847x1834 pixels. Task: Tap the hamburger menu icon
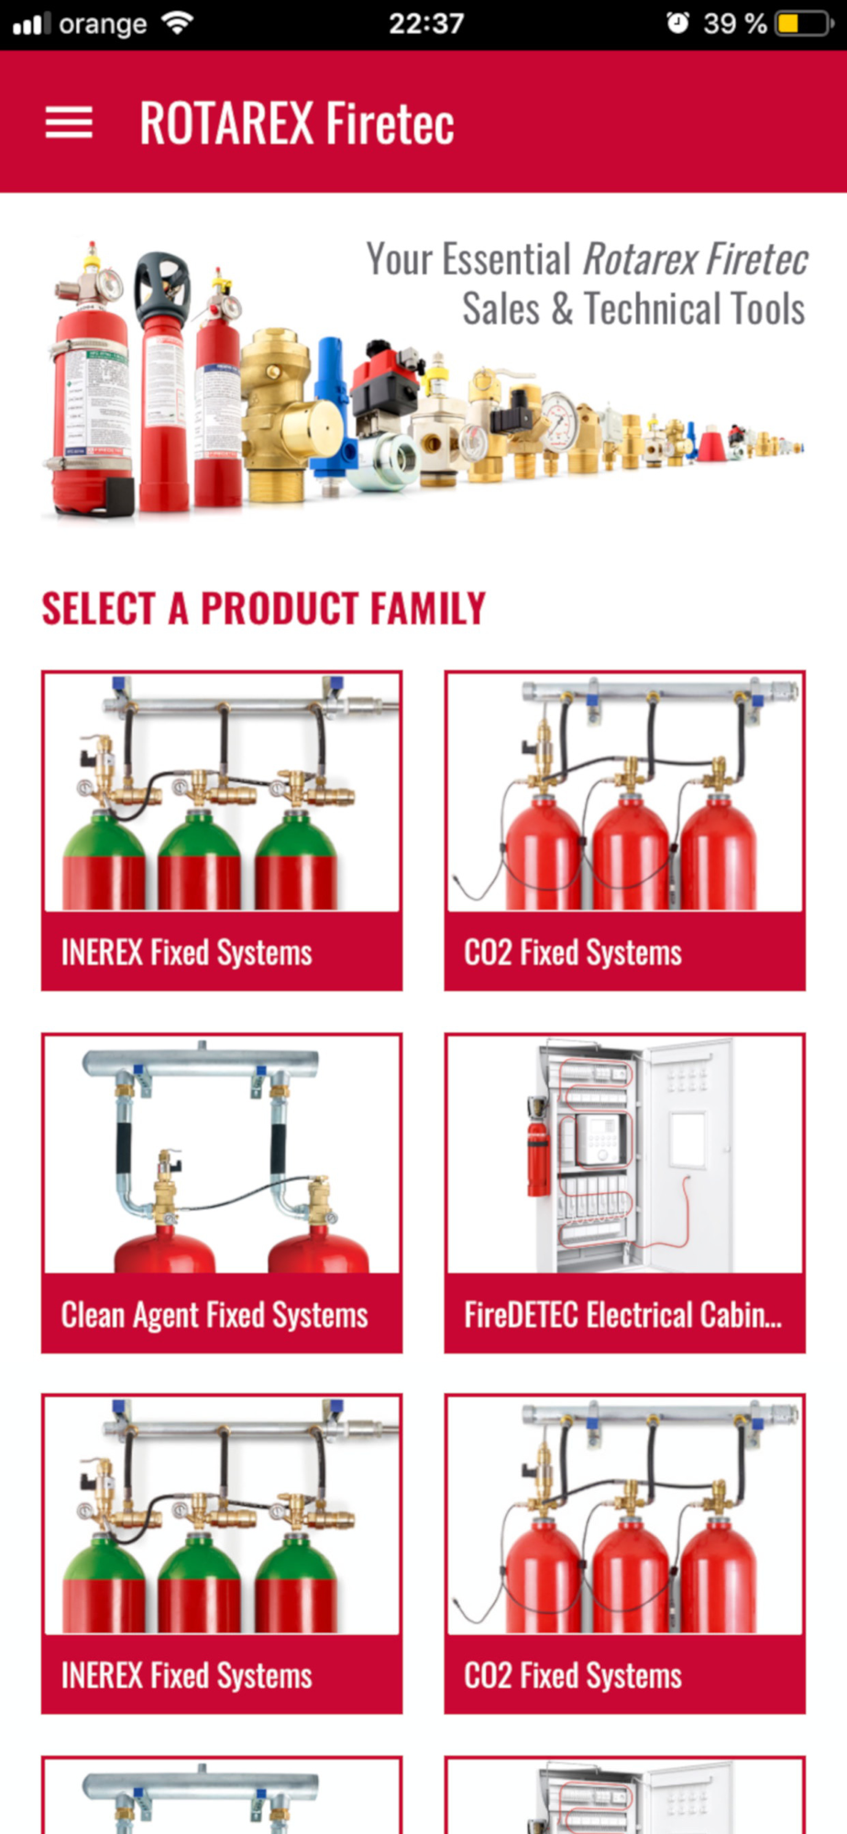(69, 123)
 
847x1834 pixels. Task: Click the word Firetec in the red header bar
(390, 123)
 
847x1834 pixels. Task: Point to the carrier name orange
(103, 25)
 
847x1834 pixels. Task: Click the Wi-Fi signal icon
(176, 22)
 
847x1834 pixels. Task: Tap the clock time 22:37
(426, 23)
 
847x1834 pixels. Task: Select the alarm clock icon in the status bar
(677, 22)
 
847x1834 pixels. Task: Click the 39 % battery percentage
(734, 23)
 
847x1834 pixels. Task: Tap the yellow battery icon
(804, 23)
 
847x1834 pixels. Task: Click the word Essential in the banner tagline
(507, 260)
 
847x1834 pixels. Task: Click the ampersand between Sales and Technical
(562, 309)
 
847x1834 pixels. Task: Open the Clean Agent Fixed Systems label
(214, 1315)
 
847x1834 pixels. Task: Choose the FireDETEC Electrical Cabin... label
(623, 1315)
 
